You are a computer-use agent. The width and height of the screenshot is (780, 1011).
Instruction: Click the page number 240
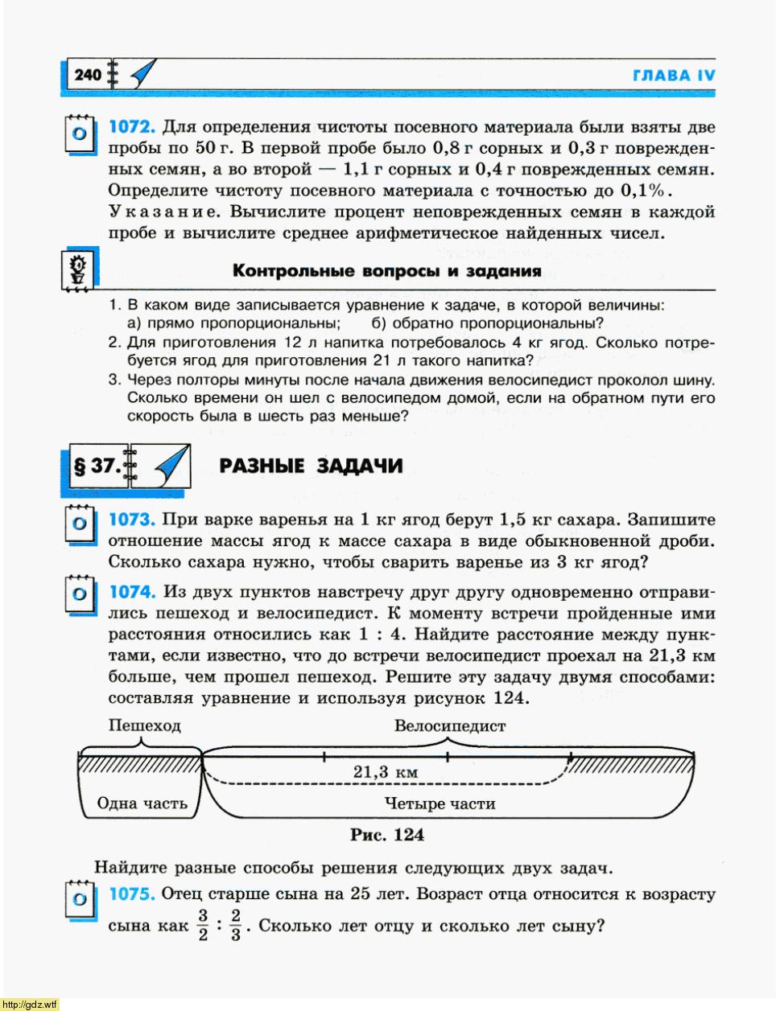click(x=87, y=76)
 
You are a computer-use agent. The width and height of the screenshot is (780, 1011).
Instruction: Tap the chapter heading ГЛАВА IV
click(x=674, y=76)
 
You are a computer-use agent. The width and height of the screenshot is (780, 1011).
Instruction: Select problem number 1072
click(x=130, y=127)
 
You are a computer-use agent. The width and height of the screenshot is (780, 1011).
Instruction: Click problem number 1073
click(x=130, y=520)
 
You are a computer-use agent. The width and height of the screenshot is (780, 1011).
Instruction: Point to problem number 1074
click(x=131, y=593)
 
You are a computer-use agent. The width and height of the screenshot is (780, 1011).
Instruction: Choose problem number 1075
click(x=131, y=894)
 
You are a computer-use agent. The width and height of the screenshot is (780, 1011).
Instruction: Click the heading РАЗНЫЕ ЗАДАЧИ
click(x=311, y=466)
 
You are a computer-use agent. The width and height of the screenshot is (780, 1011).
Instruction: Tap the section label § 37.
click(x=97, y=466)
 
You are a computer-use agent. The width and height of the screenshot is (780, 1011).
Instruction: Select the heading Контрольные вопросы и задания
click(x=386, y=271)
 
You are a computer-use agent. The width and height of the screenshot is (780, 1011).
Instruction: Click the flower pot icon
click(x=78, y=269)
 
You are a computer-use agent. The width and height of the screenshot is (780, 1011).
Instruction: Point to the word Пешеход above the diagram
click(x=145, y=725)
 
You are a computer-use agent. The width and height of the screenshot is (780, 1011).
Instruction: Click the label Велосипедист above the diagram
click(x=450, y=725)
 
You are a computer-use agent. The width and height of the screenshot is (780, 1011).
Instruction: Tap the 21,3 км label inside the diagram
click(x=386, y=772)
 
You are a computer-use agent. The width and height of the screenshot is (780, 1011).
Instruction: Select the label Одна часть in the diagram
click(x=142, y=803)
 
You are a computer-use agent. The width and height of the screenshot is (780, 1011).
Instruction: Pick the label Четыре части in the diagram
click(x=440, y=803)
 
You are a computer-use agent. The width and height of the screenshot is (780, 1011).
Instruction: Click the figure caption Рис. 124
click(x=386, y=835)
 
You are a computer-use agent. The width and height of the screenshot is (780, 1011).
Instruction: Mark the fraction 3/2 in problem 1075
click(x=203, y=925)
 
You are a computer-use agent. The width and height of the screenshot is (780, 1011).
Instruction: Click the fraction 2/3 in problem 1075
click(x=235, y=925)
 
